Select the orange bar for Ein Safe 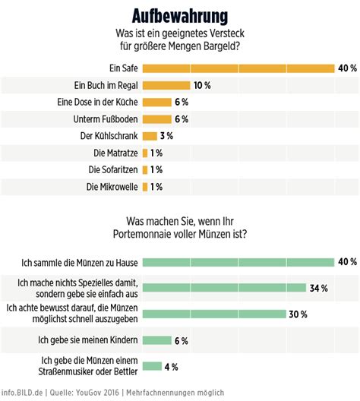[x=238, y=68]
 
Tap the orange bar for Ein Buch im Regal [x=166, y=86]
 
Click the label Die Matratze [x=112, y=153]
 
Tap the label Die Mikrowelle [x=110, y=186]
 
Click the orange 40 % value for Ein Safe [x=347, y=68]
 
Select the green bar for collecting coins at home [x=238, y=262]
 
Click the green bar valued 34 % [x=225, y=288]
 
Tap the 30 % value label [x=296, y=314]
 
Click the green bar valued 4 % [x=151, y=367]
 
